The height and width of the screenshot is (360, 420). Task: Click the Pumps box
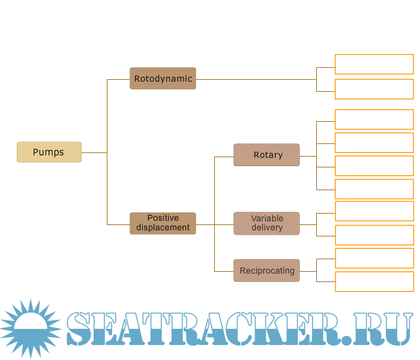point(49,152)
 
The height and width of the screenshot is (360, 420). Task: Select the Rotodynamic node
point(163,79)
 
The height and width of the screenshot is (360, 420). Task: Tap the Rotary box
point(266,155)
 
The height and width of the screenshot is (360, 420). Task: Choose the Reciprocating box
point(266,271)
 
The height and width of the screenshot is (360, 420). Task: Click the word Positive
point(163,218)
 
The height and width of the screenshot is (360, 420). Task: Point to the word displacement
point(163,227)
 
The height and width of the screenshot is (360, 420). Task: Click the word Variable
point(267,218)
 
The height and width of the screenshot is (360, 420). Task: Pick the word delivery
point(267,228)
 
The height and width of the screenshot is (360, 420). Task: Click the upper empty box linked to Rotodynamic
point(374,64)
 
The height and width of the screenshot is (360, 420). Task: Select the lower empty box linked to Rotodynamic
point(374,89)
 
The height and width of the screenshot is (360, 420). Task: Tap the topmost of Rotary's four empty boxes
point(374,119)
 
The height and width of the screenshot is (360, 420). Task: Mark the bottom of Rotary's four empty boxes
point(374,189)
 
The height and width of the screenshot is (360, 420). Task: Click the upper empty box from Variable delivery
point(374,211)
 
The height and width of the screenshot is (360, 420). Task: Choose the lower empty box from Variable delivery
point(374,235)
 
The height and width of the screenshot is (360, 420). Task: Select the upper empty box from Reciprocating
point(374,258)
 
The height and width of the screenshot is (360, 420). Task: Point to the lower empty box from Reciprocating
point(374,281)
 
